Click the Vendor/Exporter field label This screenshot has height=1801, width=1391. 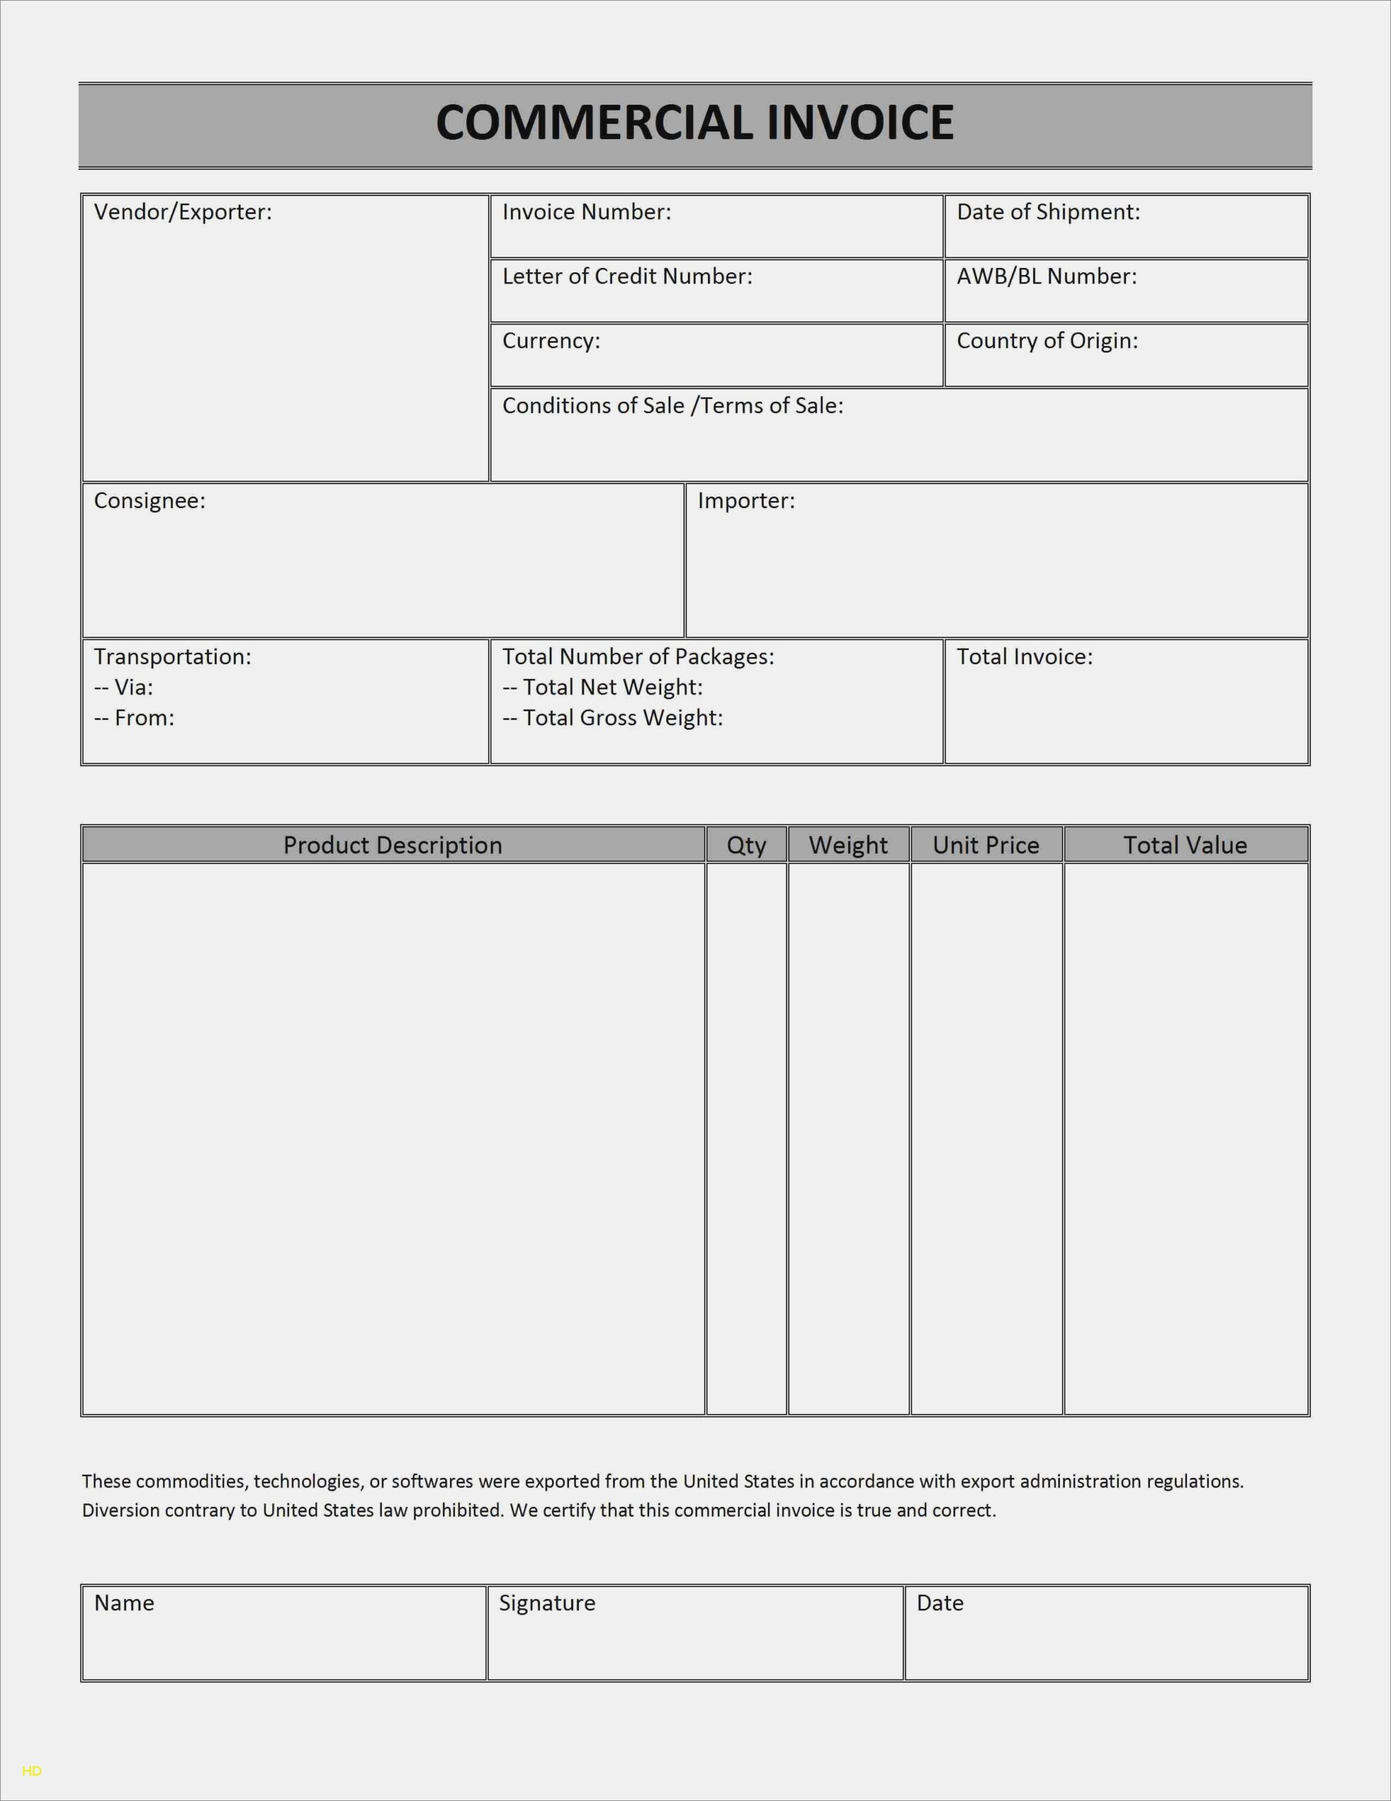182,212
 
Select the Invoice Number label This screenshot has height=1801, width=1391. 586,212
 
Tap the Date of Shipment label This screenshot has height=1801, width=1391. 1048,212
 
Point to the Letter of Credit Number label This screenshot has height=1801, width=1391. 627,276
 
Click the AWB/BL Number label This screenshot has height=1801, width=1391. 1046,276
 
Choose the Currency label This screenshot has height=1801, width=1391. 551,341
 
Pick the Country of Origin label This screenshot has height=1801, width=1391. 1047,341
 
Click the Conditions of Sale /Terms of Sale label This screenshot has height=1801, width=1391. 672,406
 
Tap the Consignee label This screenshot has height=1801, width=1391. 149,501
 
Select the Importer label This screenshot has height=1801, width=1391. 745,501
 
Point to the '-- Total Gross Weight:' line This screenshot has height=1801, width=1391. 613,718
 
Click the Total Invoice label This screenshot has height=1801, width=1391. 1024,656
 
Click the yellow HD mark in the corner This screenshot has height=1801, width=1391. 32,1771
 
